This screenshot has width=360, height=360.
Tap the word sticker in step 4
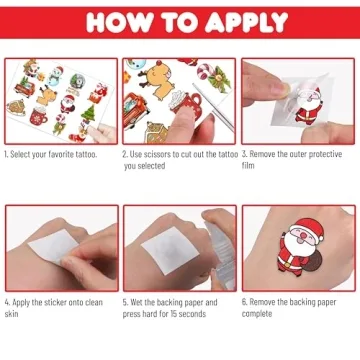click(x=45, y=300)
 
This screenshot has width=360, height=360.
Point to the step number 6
click(x=243, y=300)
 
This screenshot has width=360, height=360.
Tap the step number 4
click(x=6, y=300)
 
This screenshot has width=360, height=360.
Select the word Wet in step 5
click(x=136, y=300)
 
